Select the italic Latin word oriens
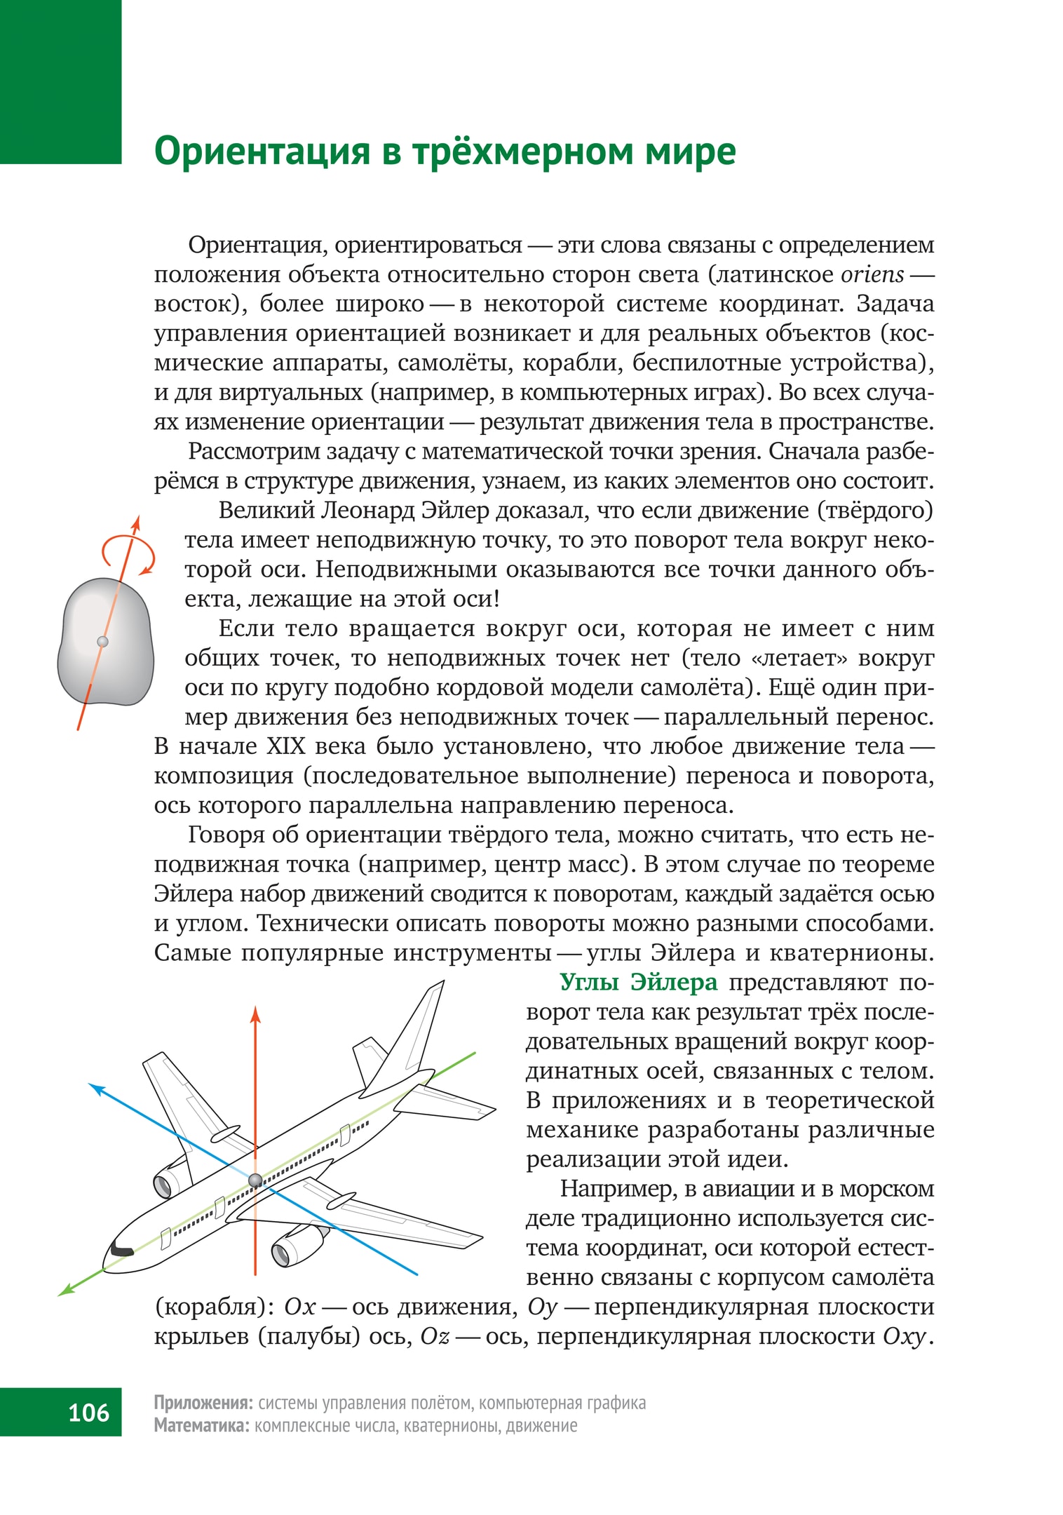coord(872,274)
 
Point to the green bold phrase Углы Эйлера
coord(638,982)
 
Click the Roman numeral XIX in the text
coord(285,746)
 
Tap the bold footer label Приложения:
coord(203,1403)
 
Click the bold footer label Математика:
coord(201,1425)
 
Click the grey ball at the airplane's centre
coord(255,1180)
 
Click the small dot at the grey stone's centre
coord(102,641)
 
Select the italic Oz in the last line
coord(434,1336)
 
